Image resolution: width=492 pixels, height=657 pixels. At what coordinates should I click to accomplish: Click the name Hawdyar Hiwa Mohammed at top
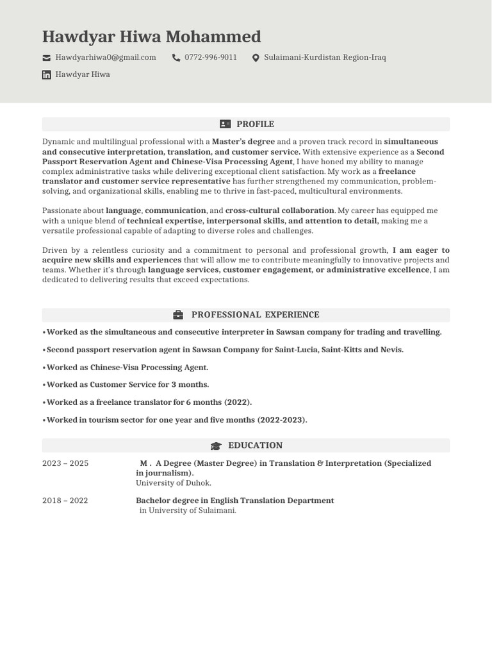pos(151,37)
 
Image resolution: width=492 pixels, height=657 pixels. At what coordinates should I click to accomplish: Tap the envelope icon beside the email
pos(47,58)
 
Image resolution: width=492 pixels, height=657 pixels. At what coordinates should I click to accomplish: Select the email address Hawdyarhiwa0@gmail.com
pos(106,58)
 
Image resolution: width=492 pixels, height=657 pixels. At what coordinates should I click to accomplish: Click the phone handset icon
pos(176,58)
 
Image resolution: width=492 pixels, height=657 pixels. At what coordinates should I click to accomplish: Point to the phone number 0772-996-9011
pos(211,58)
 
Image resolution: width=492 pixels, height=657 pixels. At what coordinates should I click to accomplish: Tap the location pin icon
pos(256,58)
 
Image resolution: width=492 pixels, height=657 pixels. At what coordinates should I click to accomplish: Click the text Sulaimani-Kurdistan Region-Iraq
pos(325,58)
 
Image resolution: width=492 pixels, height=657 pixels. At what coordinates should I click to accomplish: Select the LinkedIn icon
pos(47,75)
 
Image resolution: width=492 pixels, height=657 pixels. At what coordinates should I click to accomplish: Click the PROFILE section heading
pos(255,124)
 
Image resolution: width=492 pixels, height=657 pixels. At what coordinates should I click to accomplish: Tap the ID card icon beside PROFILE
pos(225,124)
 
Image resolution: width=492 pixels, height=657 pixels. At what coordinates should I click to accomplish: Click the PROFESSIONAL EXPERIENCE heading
pos(255,315)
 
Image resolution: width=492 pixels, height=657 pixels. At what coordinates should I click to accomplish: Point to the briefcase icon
pos(178,315)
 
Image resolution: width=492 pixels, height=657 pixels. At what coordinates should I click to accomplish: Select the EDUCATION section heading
pos(255,445)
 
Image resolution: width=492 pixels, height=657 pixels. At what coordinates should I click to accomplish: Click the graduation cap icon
pos(216,446)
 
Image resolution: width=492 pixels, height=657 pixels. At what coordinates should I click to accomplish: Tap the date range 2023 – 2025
pos(65,463)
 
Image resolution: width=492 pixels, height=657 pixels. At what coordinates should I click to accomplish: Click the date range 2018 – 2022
pos(65,500)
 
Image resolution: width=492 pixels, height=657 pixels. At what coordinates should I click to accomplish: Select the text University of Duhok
pos(174,483)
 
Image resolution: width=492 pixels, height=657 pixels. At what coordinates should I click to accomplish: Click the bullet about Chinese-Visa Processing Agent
pos(126,368)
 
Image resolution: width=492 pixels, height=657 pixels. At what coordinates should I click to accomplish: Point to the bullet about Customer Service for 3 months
pos(126,385)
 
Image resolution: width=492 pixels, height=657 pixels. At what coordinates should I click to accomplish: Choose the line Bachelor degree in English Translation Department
pos(234,500)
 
